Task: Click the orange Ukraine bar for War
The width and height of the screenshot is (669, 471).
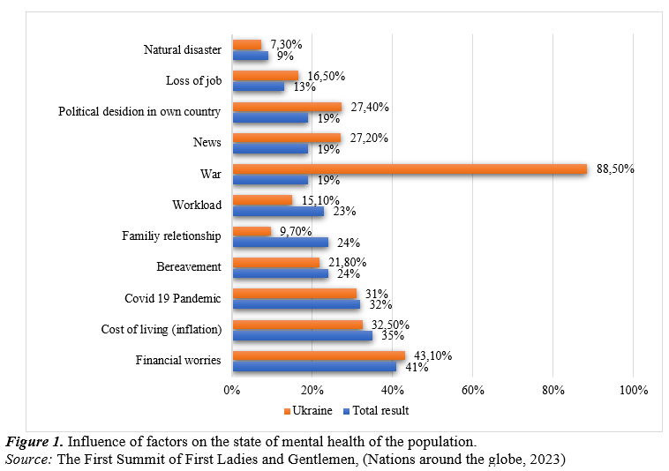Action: point(409,168)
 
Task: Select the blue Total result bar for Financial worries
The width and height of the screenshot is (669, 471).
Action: point(314,366)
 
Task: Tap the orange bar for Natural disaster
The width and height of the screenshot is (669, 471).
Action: point(246,45)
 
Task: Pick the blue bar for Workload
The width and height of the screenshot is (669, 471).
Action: point(277,212)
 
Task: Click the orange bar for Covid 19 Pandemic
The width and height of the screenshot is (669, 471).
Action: point(294,293)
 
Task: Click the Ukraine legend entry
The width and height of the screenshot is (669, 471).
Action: point(308,410)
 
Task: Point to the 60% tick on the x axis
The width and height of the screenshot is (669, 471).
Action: point(473,389)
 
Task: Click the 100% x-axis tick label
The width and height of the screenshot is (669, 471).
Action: point(633,389)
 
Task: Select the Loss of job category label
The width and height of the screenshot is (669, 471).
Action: point(192,81)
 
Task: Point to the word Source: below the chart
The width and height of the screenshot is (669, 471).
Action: point(29,459)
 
